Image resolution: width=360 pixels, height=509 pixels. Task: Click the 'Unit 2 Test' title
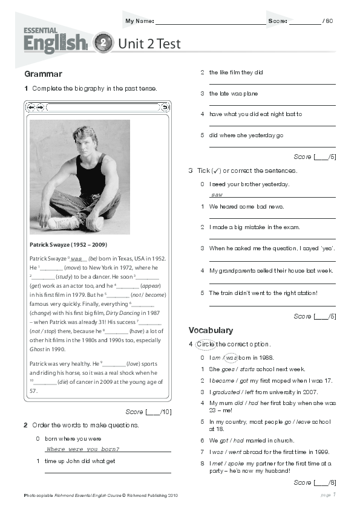[x=149, y=44]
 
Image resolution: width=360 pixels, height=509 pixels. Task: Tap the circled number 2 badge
[x=103, y=43]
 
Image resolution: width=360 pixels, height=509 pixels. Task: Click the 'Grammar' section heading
[x=43, y=74]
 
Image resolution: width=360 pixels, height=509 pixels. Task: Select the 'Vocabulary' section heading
[x=211, y=330]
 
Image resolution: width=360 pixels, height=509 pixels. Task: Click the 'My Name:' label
[x=139, y=21]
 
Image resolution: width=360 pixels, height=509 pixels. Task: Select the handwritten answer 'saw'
[x=217, y=195]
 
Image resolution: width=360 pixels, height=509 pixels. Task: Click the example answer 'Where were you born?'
[x=83, y=449]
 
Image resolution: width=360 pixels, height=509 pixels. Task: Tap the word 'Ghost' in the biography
[x=37, y=349]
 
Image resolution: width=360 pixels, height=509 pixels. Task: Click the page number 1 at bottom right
[x=334, y=494]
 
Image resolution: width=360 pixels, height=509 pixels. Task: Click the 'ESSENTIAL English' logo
[x=55, y=39]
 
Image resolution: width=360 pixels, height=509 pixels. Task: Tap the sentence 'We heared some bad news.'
[x=246, y=206]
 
